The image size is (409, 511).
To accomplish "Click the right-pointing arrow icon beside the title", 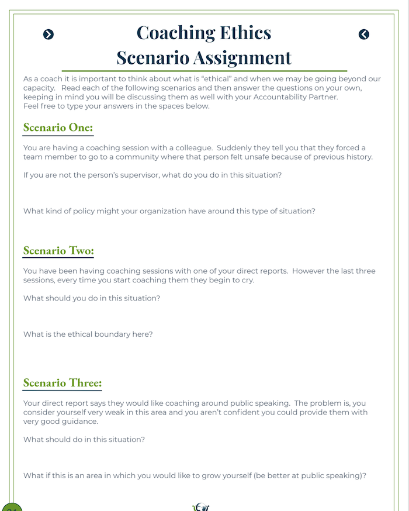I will pyautogui.click(x=48, y=34).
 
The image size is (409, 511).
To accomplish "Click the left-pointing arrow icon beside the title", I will pyautogui.click(x=364, y=34).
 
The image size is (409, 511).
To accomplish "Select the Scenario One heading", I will pyautogui.click(x=58, y=127).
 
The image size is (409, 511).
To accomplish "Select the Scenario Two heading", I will pyautogui.click(x=58, y=250).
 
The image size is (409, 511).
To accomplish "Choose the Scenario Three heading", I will pyautogui.click(x=63, y=383).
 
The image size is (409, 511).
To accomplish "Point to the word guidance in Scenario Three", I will pyautogui.click(x=81, y=421).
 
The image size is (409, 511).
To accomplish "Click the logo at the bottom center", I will pyautogui.click(x=201, y=506).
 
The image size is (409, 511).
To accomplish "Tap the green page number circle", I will pyautogui.click(x=11, y=506).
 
